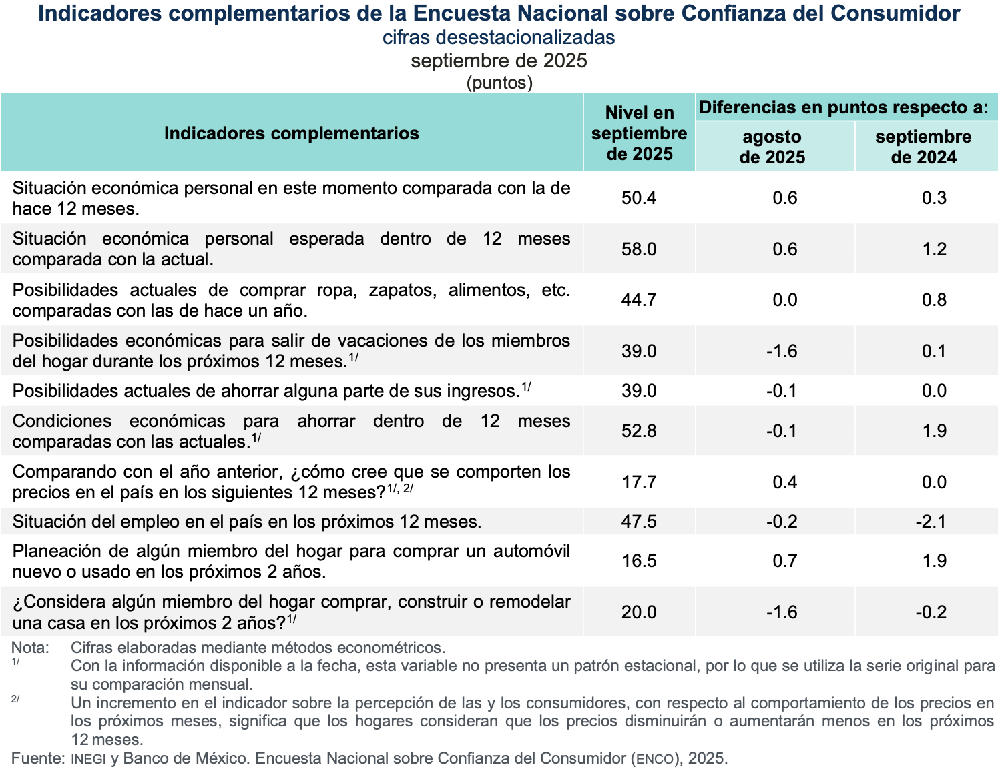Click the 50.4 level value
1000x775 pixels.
click(x=639, y=198)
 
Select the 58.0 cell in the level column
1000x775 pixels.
click(x=639, y=249)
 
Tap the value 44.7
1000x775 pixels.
click(x=639, y=300)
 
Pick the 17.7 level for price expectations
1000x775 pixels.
click(x=639, y=482)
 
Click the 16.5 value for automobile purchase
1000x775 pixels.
click(x=639, y=561)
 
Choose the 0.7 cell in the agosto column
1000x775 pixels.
click(x=784, y=561)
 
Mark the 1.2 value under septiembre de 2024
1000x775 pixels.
click(x=934, y=249)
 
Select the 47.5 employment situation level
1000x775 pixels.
click(x=639, y=522)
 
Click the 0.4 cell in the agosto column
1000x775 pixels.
click(x=784, y=482)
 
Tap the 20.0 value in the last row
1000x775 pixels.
click(x=639, y=612)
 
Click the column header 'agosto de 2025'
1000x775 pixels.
click(x=772, y=147)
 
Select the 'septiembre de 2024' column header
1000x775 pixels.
click(x=923, y=147)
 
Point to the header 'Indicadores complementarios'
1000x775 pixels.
click(x=291, y=133)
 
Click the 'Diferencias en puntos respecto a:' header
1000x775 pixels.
click(x=844, y=107)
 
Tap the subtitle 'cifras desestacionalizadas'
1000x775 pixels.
click(x=499, y=37)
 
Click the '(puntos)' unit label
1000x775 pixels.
click(x=499, y=83)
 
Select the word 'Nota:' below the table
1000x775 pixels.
click(x=30, y=648)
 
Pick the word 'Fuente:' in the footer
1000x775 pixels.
click(x=37, y=758)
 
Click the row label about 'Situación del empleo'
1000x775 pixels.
click(x=247, y=522)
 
